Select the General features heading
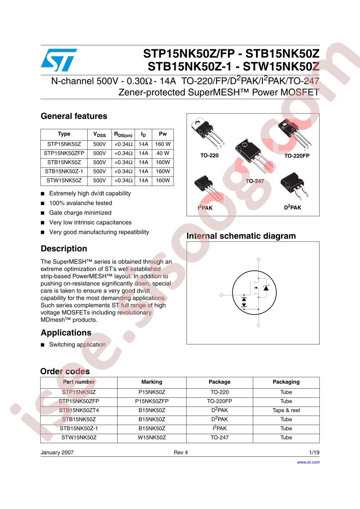click(74, 116)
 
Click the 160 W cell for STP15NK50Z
click(163, 143)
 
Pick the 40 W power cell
click(163, 153)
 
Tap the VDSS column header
click(99, 134)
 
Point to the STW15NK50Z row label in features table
click(64, 181)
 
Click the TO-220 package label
click(209, 155)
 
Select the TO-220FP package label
click(296, 155)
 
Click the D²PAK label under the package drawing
click(292, 207)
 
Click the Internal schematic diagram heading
click(241, 236)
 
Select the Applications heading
click(66, 333)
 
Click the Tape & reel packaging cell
click(286, 410)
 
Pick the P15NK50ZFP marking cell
click(152, 401)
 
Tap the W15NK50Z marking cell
click(152, 438)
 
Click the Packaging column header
click(286, 382)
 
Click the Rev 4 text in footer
click(180, 453)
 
